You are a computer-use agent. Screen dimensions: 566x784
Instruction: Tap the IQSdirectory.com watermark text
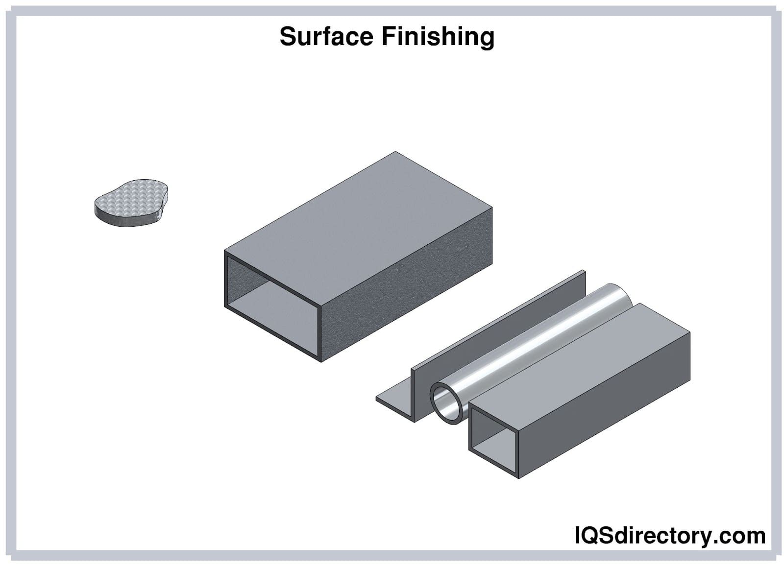pos(669,536)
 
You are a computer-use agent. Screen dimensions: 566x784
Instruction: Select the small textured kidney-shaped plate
pos(131,202)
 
